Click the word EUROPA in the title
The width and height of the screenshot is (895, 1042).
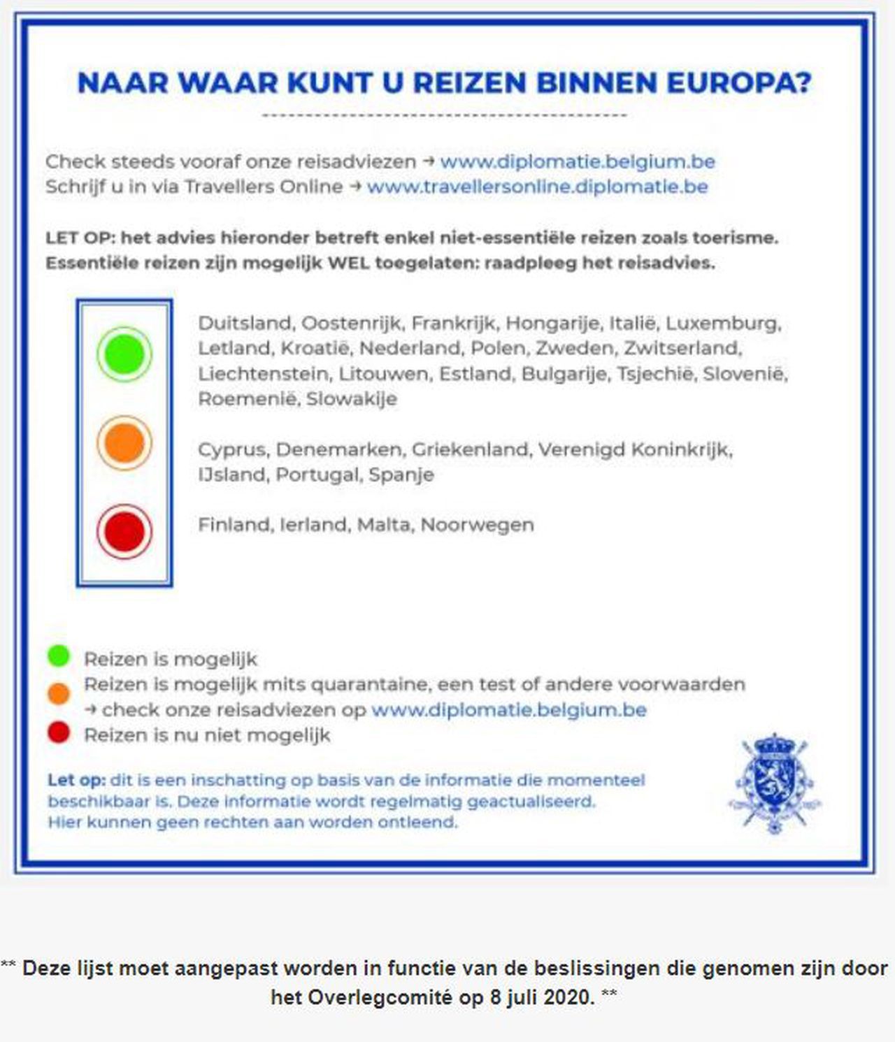click(738, 82)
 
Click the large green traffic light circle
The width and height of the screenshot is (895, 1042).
click(124, 354)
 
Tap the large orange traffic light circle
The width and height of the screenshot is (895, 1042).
click(124, 443)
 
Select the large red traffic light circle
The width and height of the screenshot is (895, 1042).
click(124, 532)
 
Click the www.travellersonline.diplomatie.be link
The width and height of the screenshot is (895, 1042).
click(537, 187)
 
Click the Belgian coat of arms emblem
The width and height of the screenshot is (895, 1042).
click(774, 783)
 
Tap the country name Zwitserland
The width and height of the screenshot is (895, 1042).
click(682, 348)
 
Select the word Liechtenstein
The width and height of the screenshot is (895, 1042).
click(262, 373)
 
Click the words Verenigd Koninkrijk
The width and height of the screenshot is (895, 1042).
click(634, 449)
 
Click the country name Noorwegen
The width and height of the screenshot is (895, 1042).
click(477, 524)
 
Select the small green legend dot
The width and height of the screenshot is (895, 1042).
click(59, 656)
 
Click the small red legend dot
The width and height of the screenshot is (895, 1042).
click(59, 732)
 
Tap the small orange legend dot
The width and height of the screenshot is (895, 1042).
click(59, 693)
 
